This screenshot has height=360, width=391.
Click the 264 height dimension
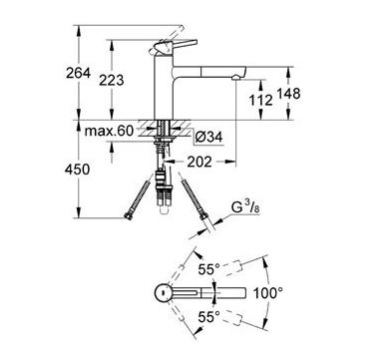tap(78, 73)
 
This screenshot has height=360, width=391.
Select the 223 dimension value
tap(112, 80)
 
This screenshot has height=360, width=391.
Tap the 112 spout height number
tap(261, 100)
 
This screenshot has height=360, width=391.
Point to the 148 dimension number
tap(288, 94)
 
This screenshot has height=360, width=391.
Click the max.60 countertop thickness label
tap(109, 131)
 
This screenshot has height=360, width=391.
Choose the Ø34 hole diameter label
tap(208, 138)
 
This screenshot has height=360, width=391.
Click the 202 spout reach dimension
tap(199, 162)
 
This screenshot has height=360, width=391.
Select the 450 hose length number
tap(77, 170)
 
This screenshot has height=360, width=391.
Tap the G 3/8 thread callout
tap(245, 207)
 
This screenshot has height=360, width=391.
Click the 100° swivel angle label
tap(268, 293)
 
